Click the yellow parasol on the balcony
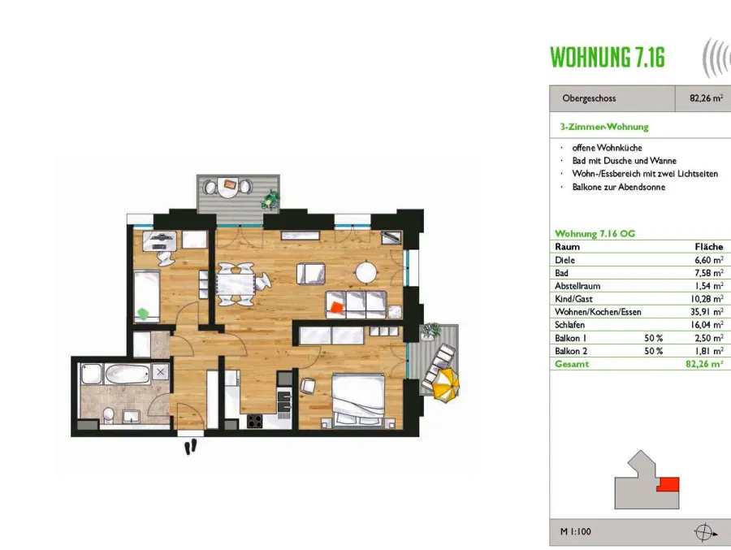pyautogui.click(x=446, y=385)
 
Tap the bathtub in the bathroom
pyautogui.click(x=128, y=374)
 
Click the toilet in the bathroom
pyautogui.click(x=109, y=414)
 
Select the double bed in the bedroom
pyautogui.click(x=358, y=400)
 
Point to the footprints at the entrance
pyautogui.click(x=191, y=447)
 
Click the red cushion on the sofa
pyautogui.click(x=335, y=307)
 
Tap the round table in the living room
pyautogui.click(x=365, y=272)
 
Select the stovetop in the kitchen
pyautogui.click(x=254, y=421)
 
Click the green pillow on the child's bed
pyautogui.click(x=144, y=313)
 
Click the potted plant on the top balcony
pyautogui.click(x=270, y=200)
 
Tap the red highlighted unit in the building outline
pyautogui.click(x=668, y=484)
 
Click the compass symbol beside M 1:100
pyautogui.click(x=704, y=532)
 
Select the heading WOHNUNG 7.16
pyautogui.click(x=608, y=58)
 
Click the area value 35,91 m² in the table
pyautogui.click(x=707, y=312)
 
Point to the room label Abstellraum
pyautogui.click(x=577, y=286)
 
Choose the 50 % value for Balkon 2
pyautogui.click(x=653, y=351)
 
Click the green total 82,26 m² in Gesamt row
pyautogui.click(x=704, y=364)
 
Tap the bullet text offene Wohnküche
pyautogui.click(x=607, y=148)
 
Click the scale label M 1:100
pyautogui.click(x=575, y=531)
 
